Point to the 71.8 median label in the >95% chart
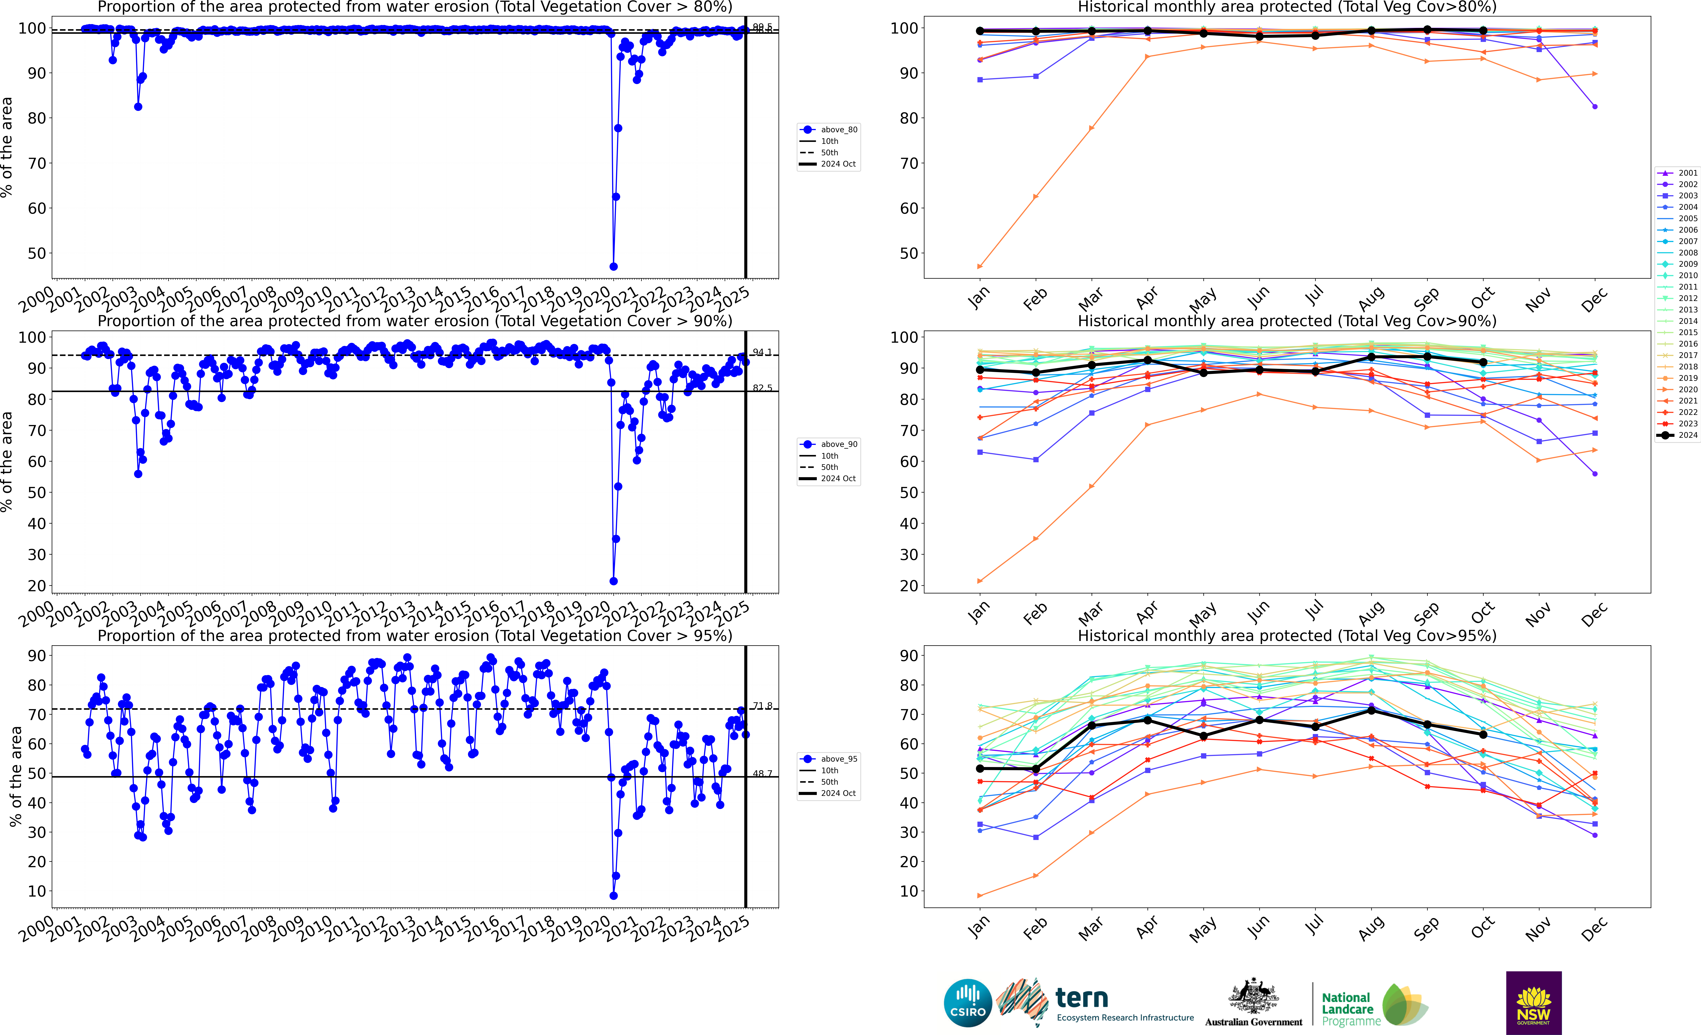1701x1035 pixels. click(762, 706)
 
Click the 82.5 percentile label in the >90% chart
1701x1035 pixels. click(762, 388)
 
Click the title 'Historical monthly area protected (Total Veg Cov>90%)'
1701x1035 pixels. click(1287, 321)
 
